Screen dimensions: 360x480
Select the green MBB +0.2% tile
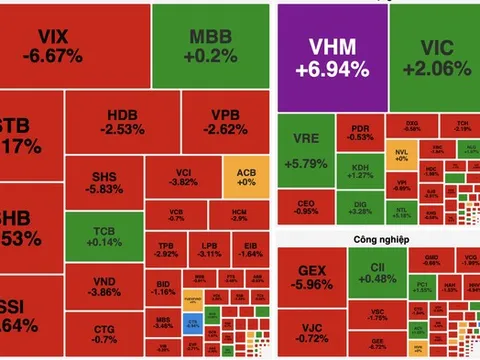click(210, 45)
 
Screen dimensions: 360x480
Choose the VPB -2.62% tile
click(226, 122)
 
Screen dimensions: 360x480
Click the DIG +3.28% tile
click(360, 207)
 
